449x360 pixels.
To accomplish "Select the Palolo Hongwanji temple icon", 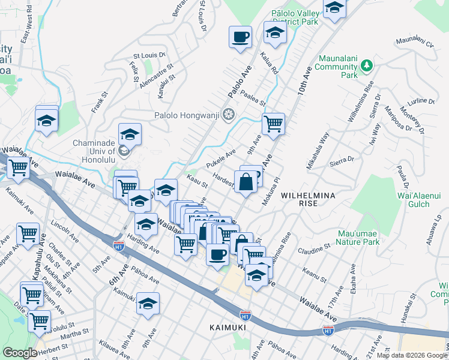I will point(228,115).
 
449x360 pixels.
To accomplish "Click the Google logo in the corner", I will point(20,353).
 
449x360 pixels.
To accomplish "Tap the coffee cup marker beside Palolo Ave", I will point(240,37).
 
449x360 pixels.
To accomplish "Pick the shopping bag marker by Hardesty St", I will point(246,181).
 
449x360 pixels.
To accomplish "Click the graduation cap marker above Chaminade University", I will point(130,134).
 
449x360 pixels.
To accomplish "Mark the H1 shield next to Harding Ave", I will point(119,245).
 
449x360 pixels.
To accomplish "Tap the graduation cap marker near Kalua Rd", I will point(275,34).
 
